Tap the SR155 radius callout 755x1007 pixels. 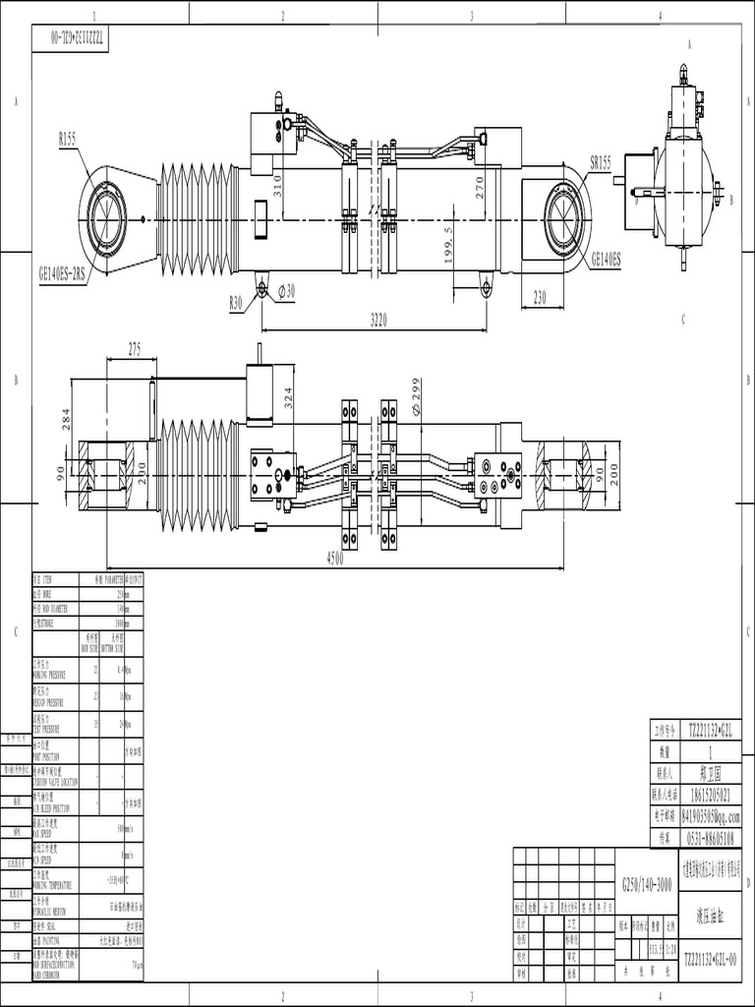click(600, 161)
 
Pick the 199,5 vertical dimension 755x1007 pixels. click(449, 243)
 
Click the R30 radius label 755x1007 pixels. click(236, 304)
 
